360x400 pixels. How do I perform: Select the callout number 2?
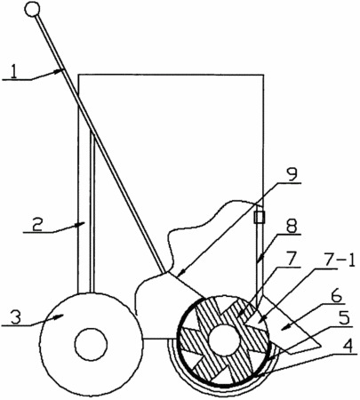click(36, 226)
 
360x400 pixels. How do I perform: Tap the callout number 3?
click(16, 317)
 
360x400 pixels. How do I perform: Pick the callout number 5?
click(344, 319)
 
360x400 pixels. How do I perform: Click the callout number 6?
click(335, 296)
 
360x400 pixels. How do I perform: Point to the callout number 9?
click(292, 176)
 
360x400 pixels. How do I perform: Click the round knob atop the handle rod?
click(32, 9)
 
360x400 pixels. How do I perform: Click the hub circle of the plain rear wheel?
click(91, 344)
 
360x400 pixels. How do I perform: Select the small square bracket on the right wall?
click(259, 217)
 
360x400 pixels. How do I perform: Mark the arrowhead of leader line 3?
click(60, 317)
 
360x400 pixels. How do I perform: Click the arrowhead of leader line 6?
click(284, 327)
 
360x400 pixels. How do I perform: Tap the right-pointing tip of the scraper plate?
click(321, 346)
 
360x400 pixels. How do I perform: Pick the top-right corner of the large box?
click(263, 75)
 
